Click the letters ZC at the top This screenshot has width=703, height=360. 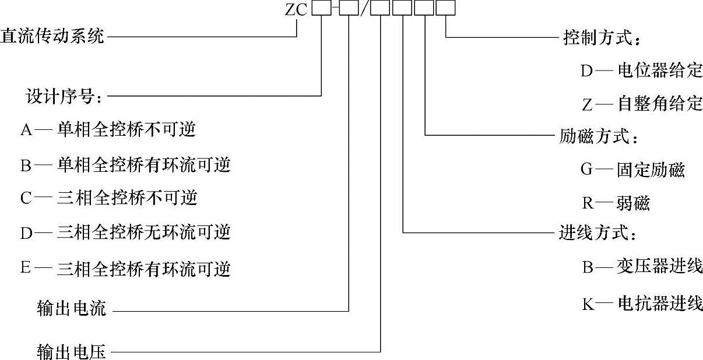297,10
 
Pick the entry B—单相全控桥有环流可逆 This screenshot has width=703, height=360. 125,165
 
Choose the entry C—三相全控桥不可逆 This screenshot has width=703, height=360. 109,198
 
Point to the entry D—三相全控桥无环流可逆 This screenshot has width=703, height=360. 125,233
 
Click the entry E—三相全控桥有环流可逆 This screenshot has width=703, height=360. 125,269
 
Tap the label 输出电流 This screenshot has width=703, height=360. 71,309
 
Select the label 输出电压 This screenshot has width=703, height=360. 71,351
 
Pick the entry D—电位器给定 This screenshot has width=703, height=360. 641,71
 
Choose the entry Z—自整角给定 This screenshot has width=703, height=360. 641,104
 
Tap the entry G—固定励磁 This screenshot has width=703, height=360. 632,170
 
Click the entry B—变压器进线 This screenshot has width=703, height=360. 641,267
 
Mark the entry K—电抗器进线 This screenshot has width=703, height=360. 641,303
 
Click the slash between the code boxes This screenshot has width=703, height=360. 364,10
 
